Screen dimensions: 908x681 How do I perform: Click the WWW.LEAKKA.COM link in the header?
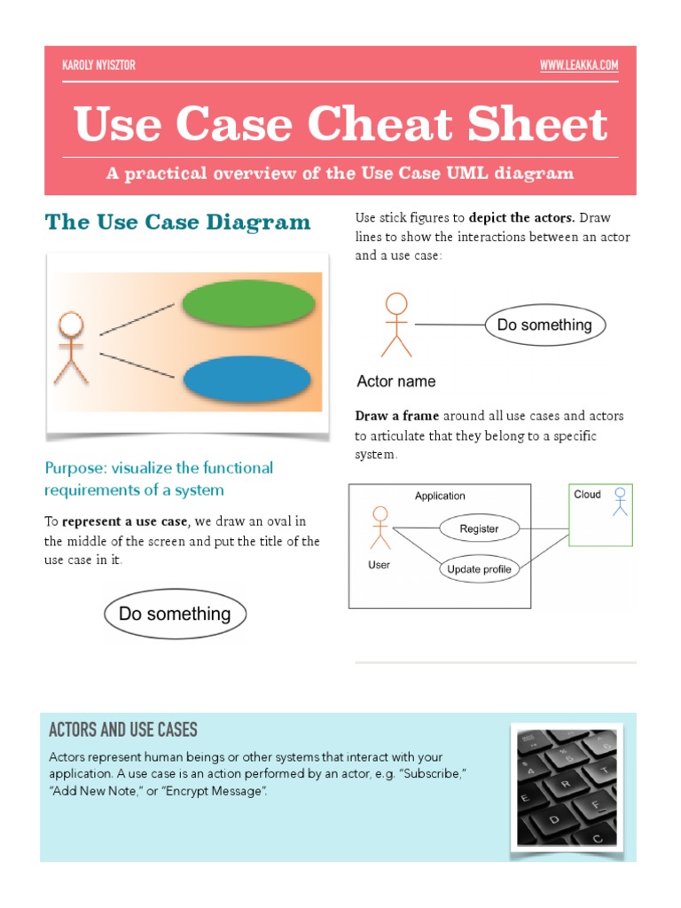click(578, 66)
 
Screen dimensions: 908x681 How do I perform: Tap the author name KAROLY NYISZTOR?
click(98, 66)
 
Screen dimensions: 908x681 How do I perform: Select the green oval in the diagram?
click(248, 304)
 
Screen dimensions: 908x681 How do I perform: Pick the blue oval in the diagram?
click(247, 379)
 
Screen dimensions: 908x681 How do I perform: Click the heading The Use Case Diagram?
click(178, 222)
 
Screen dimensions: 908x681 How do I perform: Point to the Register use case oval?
click(479, 529)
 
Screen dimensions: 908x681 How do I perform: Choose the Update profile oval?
click(479, 569)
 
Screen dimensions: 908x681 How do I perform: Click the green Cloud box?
click(600, 514)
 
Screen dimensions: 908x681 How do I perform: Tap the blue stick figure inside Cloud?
click(620, 501)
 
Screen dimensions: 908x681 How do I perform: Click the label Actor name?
click(396, 382)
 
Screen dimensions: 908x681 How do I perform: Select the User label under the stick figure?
click(379, 564)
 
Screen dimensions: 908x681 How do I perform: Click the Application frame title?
click(440, 496)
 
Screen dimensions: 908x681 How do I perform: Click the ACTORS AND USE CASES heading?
click(123, 731)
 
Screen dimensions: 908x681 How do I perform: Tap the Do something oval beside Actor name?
click(544, 325)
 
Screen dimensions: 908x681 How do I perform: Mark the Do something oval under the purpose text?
click(175, 614)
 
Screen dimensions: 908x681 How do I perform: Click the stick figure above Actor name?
click(396, 325)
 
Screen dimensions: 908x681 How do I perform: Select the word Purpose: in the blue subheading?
click(75, 468)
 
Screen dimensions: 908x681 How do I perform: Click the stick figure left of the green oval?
click(70, 347)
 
